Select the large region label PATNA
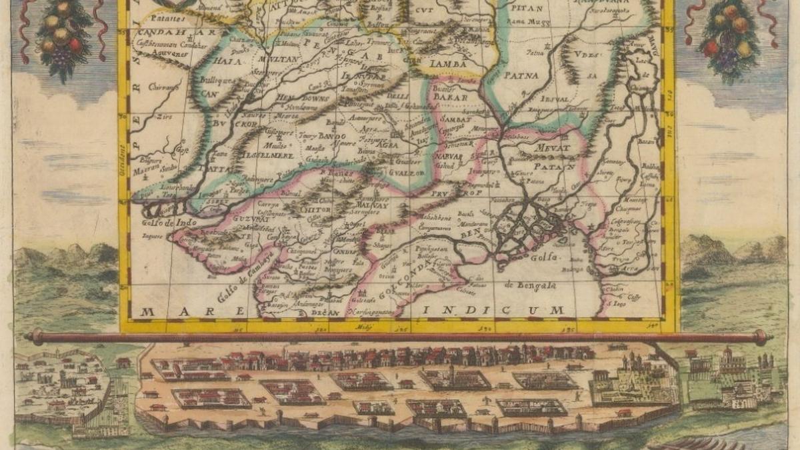(x=521, y=75)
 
